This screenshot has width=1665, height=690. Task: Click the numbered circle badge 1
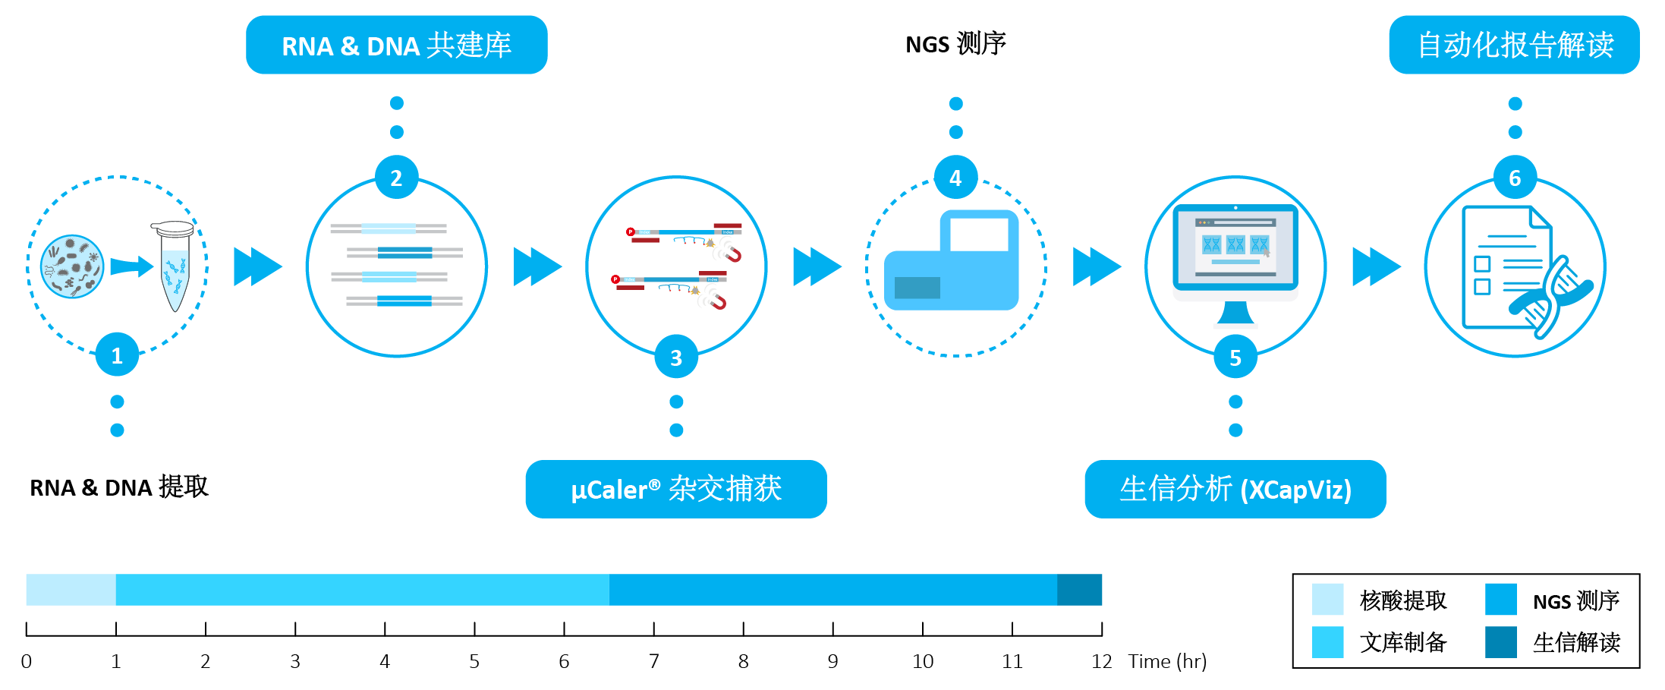click(117, 354)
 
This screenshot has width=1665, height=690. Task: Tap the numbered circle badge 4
click(955, 178)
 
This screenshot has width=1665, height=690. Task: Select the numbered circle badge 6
click(1515, 178)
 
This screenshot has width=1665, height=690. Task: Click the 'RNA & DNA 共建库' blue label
click(396, 45)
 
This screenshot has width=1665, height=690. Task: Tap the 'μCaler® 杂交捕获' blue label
click(676, 489)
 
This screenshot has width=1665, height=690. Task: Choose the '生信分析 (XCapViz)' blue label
click(1235, 489)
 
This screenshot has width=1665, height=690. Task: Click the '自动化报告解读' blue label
click(1515, 45)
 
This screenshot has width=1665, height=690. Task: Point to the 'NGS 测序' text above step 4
click(955, 44)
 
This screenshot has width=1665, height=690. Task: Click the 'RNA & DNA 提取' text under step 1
click(118, 487)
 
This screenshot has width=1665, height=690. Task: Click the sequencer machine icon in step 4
click(952, 260)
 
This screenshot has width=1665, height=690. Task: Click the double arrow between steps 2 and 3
click(537, 266)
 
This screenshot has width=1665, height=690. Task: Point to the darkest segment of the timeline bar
click(1079, 590)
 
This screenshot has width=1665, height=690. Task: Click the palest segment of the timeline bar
click(71, 590)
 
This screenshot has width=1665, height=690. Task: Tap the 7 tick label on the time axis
click(653, 661)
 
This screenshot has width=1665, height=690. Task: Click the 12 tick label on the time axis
click(1101, 661)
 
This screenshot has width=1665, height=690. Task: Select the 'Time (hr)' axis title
click(1167, 661)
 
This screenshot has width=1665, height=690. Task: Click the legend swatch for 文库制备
click(1327, 642)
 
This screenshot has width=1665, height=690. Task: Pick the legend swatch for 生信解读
click(1500, 642)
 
